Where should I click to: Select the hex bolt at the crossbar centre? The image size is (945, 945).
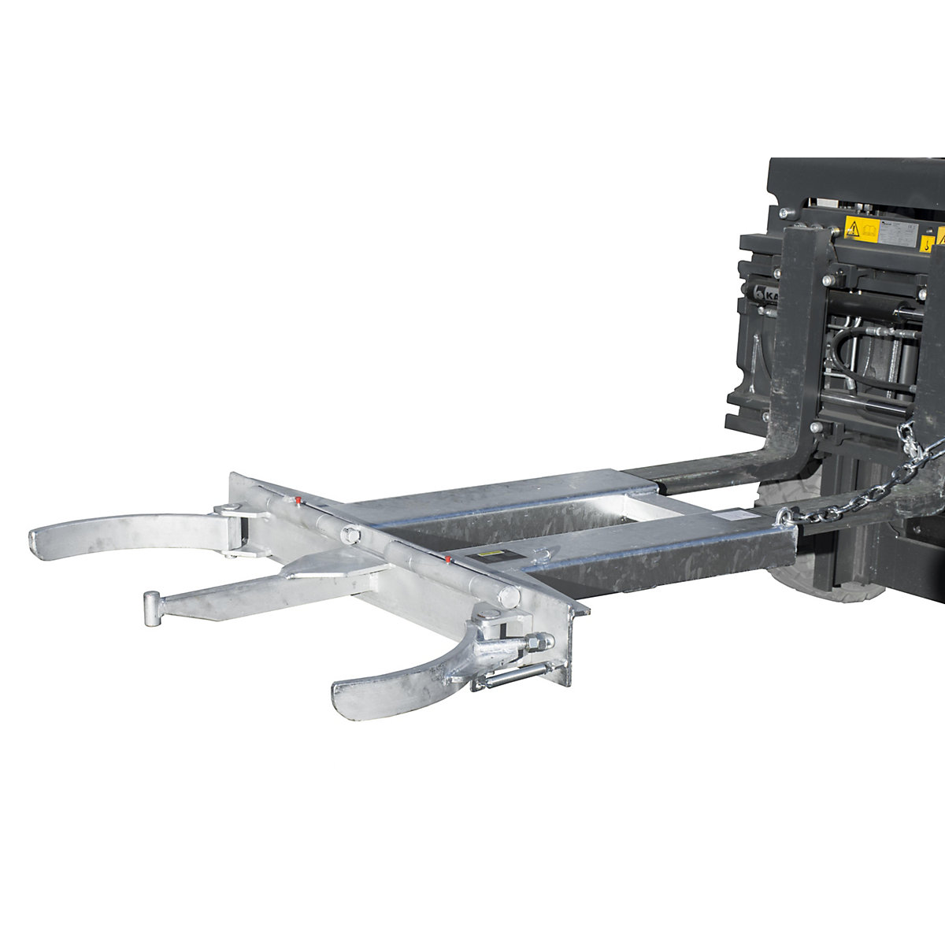350,537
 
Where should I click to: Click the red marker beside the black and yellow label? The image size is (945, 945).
447,560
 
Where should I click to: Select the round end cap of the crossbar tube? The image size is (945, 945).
510,598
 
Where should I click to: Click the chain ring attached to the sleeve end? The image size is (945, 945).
785,517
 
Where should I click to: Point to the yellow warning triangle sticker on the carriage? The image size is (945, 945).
853,228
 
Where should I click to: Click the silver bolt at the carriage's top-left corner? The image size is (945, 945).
784,213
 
